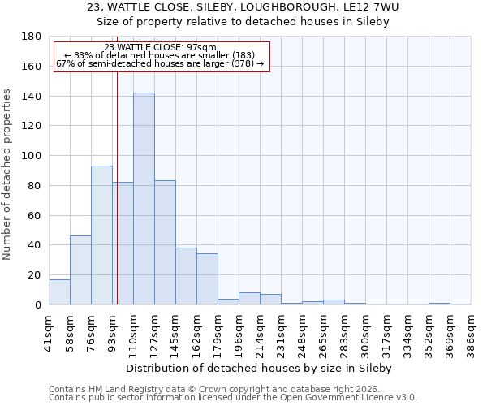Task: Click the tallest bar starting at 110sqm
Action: (x=144, y=199)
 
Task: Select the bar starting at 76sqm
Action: (x=101, y=235)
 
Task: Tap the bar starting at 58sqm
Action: (x=80, y=270)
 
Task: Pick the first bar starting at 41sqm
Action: (x=59, y=292)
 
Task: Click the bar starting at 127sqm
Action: (x=165, y=243)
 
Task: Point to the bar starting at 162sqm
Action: (x=207, y=279)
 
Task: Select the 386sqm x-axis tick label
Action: (x=471, y=333)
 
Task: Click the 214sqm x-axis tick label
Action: (x=260, y=333)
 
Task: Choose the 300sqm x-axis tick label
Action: (x=365, y=333)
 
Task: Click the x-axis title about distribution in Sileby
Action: (x=259, y=368)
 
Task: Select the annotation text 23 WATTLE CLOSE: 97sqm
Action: (x=161, y=48)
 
